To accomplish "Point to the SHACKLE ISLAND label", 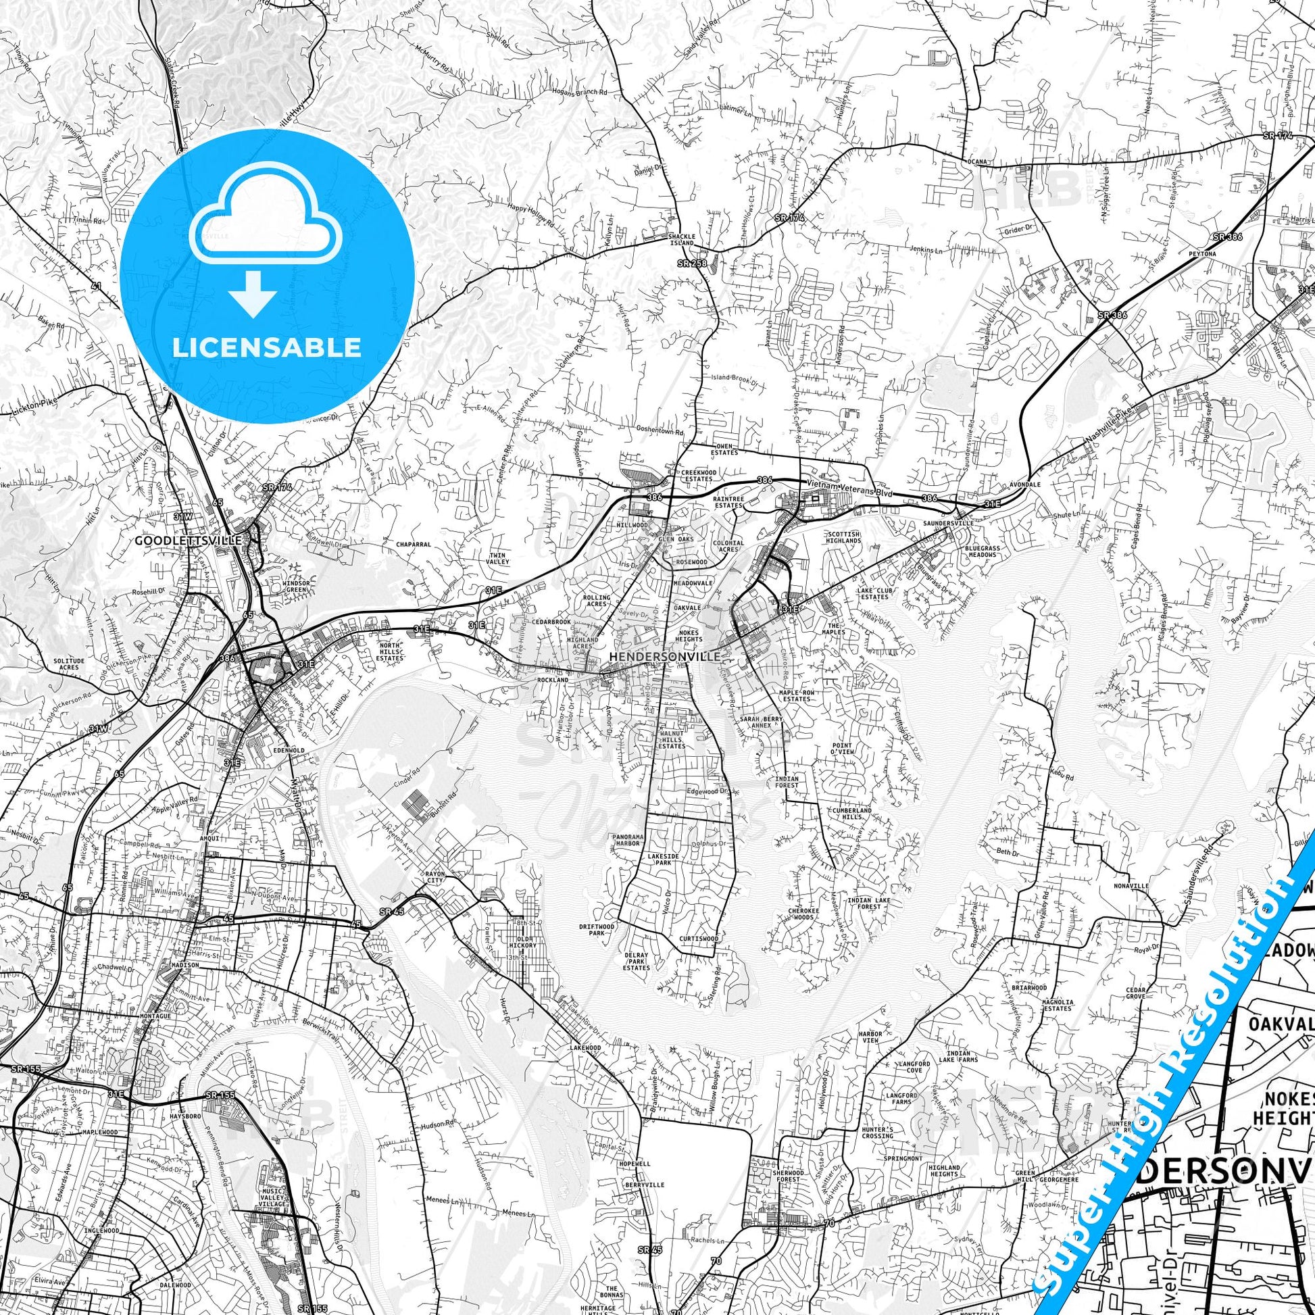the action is click(x=681, y=240).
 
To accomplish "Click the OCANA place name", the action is click(x=977, y=162).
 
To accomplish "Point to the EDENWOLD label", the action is click(x=289, y=750).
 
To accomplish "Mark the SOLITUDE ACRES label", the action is click(x=69, y=664).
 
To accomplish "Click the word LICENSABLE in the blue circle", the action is click(x=266, y=348).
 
